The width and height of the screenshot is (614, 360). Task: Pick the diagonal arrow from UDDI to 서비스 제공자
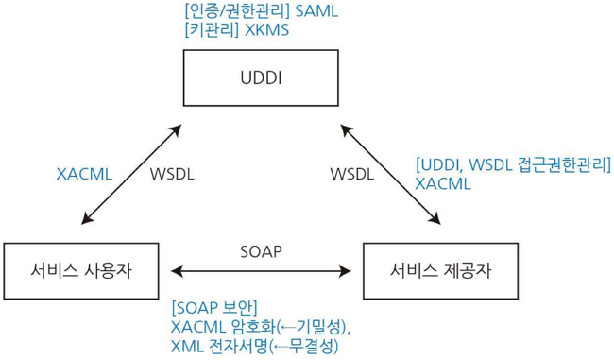pyautogui.click(x=391, y=173)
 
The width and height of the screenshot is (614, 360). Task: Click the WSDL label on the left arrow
pyautogui.click(x=172, y=174)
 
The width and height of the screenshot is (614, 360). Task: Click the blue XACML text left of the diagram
pyautogui.click(x=84, y=174)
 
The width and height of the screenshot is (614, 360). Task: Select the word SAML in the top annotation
pyautogui.click(x=316, y=12)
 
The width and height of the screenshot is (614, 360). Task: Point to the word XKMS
pyautogui.click(x=267, y=30)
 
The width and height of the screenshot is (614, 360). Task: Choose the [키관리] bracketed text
pyautogui.click(x=212, y=30)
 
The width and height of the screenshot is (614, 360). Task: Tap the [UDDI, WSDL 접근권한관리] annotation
pyautogui.click(x=513, y=164)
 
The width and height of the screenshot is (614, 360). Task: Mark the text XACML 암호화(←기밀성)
pyautogui.click(x=261, y=327)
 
